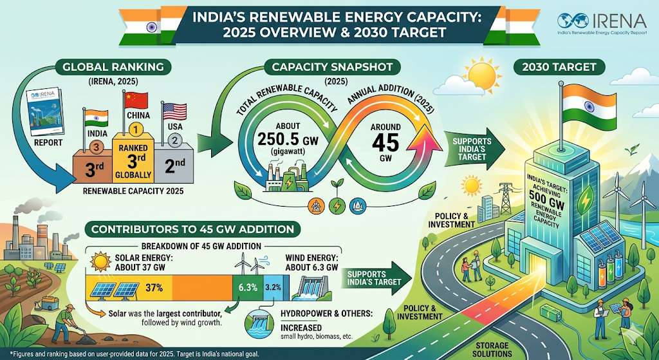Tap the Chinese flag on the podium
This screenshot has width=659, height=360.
click(135, 101)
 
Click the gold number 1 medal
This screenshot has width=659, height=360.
click(136, 129)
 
